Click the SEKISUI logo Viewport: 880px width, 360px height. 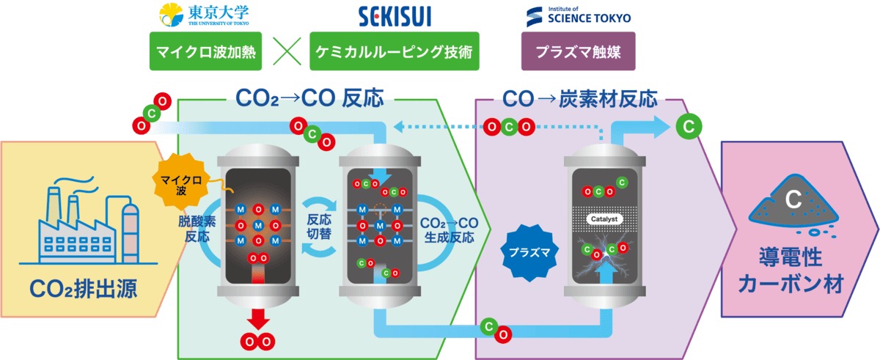[394, 15]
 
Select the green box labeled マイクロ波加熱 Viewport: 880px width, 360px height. [202, 53]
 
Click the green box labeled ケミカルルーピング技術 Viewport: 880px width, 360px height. [395, 53]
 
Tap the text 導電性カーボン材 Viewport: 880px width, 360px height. [791, 271]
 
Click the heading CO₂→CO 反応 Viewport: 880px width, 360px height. [309, 98]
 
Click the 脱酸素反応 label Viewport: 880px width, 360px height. [193, 228]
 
